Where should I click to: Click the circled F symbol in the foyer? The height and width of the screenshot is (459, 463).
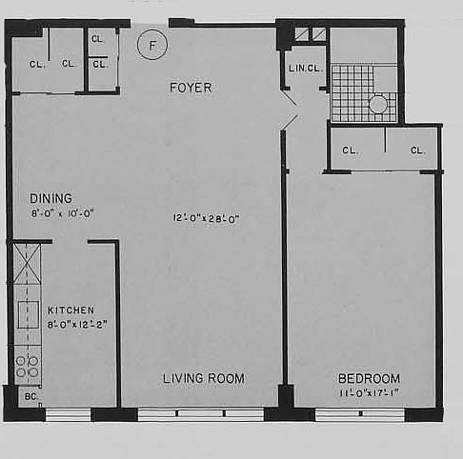pyautogui.click(x=151, y=45)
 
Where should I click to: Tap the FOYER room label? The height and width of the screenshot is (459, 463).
pyautogui.click(x=191, y=88)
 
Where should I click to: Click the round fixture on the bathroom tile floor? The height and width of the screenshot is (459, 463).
pyautogui.click(x=378, y=105)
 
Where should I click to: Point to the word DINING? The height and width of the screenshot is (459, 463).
pyautogui.click(x=50, y=198)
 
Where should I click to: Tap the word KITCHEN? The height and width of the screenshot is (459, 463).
pyautogui.click(x=71, y=310)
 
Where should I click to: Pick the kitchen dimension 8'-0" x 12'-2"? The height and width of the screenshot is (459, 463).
pyautogui.click(x=76, y=324)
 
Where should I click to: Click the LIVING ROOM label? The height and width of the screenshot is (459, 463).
pyautogui.click(x=203, y=378)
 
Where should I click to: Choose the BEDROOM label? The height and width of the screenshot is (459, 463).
pyautogui.click(x=369, y=378)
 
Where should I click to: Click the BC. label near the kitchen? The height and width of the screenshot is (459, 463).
pyautogui.click(x=30, y=395)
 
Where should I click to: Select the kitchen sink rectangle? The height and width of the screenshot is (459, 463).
pyautogui.click(x=27, y=314)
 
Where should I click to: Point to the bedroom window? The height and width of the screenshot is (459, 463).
pyautogui.click(x=359, y=414)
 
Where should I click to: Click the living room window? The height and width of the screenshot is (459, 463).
pyautogui.click(x=201, y=414)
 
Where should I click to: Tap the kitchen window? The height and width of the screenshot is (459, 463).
pyautogui.click(x=68, y=414)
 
